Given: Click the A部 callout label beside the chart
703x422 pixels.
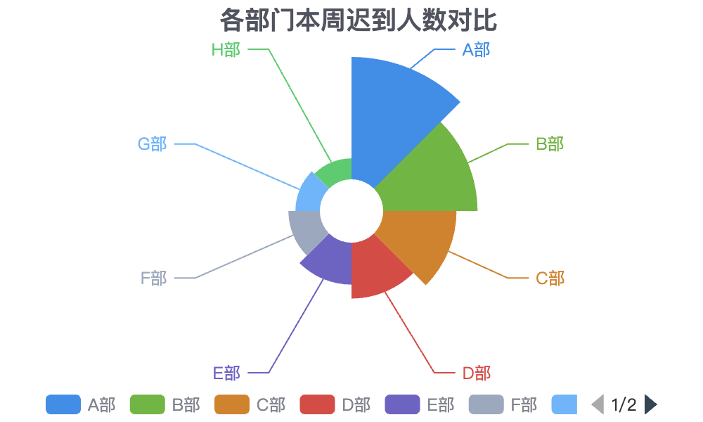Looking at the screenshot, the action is (476, 50).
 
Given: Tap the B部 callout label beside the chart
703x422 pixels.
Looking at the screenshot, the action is (550, 144).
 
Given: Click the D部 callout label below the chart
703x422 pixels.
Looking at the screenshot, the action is (476, 373).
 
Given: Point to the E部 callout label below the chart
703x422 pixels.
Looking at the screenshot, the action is (226, 373).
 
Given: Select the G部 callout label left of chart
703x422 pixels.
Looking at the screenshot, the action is (152, 144).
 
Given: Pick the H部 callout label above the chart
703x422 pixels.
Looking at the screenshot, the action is (226, 50).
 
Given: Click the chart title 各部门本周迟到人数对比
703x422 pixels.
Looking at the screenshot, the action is (359, 20).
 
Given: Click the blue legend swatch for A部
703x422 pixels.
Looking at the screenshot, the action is (63, 404).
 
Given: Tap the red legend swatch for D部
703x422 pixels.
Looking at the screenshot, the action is (318, 404).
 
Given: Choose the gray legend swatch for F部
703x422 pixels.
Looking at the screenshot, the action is (486, 404).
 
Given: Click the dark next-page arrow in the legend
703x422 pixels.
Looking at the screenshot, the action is (650, 404).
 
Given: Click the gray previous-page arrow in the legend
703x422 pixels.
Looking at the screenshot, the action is (598, 404).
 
